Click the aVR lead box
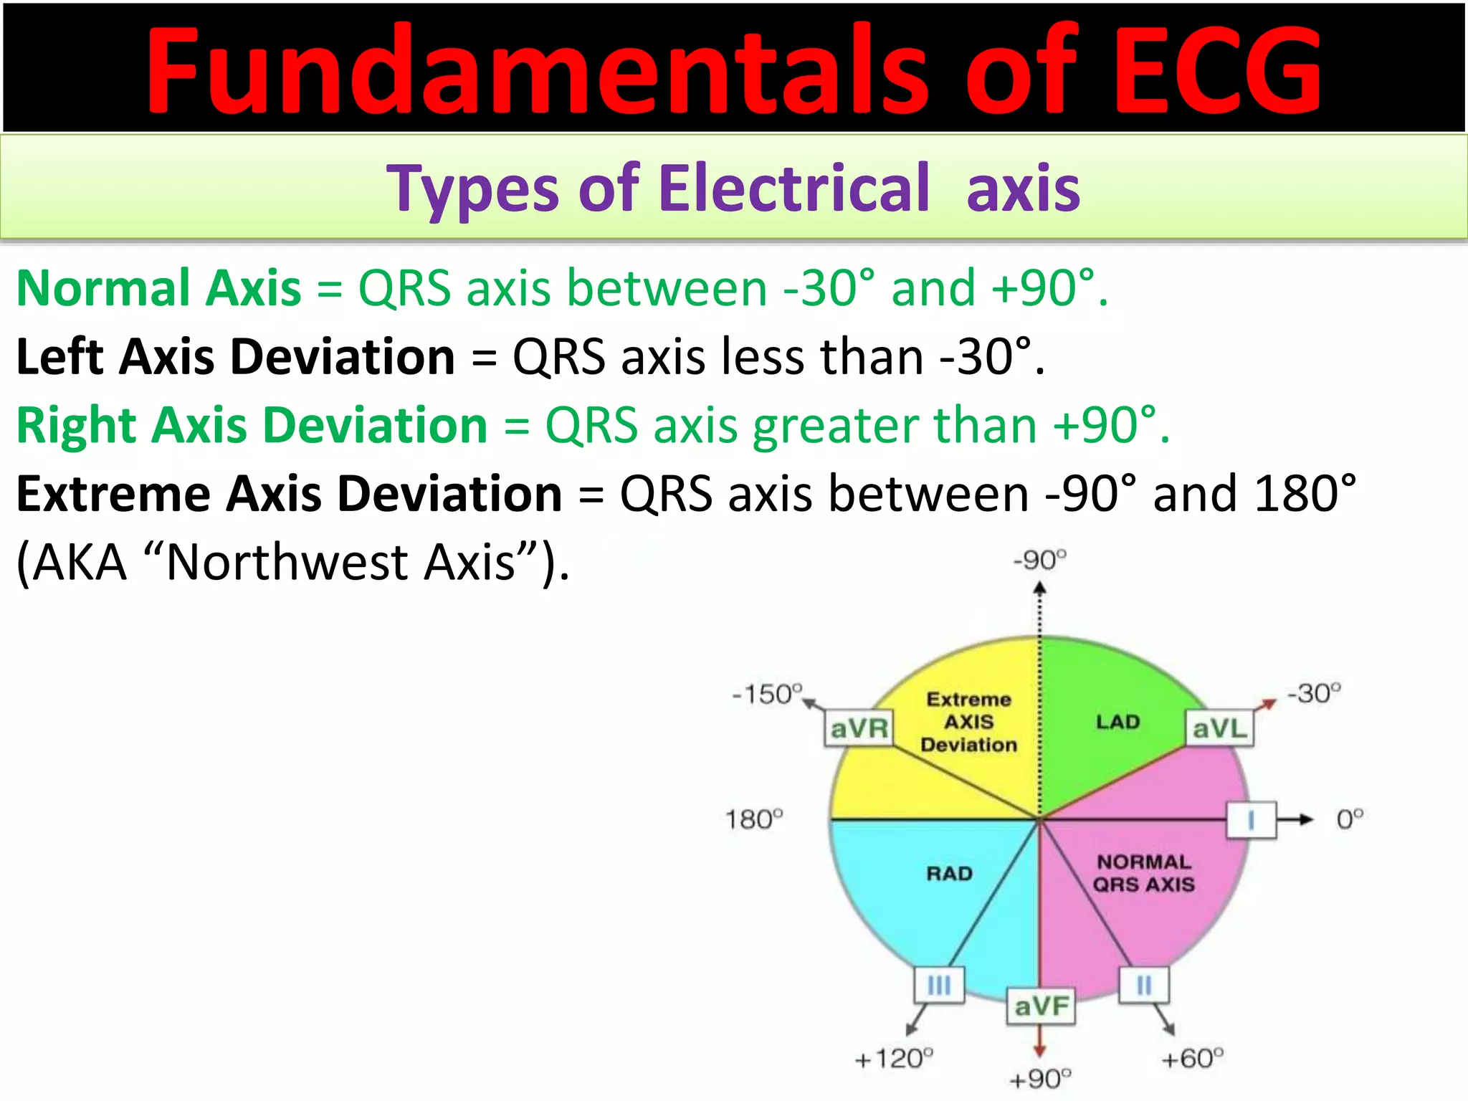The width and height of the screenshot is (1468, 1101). pyautogui.click(x=858, y=728)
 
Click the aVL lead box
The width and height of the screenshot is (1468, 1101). pyautogui.click(x=1219, y=728)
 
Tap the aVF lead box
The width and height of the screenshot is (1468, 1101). pyautogui.click(x=1041, y=1006)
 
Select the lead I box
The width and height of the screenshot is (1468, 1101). pyautogui.click(x=1251, y=820)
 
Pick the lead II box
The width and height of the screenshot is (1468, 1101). pyautogui.click(x=1144, y=985)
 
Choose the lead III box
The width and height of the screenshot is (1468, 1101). pyautogui.click(x=938, y=985)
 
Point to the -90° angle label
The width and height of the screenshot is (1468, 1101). pyautogui.click(x=1040, y=560)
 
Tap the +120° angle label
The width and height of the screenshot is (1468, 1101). pyautogui.click(x=895, y=1058)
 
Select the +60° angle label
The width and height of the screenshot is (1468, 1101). pyautogui.click(x=1192, y=1058)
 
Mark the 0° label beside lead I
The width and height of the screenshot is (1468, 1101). pyautogui.click(x=1350, y=819)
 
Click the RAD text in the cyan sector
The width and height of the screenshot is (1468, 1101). pyautogui.click(x=949, y=873)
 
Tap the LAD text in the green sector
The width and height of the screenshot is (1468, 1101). pyautogui.click(x=1117, y=722)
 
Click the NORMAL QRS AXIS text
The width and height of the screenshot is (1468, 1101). pyautogui.click(x=1143, y=873)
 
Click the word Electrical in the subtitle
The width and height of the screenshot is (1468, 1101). pyautogui.click(x=793, y=188)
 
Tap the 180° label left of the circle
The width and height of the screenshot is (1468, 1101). pyautogui.click(x=754, y=819)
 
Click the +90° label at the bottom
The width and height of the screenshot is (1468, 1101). pyautogui.click(x=1039, y=1079)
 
